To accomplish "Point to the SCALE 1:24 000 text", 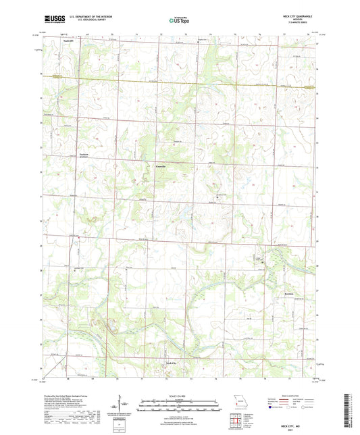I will click(179, 396).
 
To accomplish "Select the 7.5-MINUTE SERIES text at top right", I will click(301, 24).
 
